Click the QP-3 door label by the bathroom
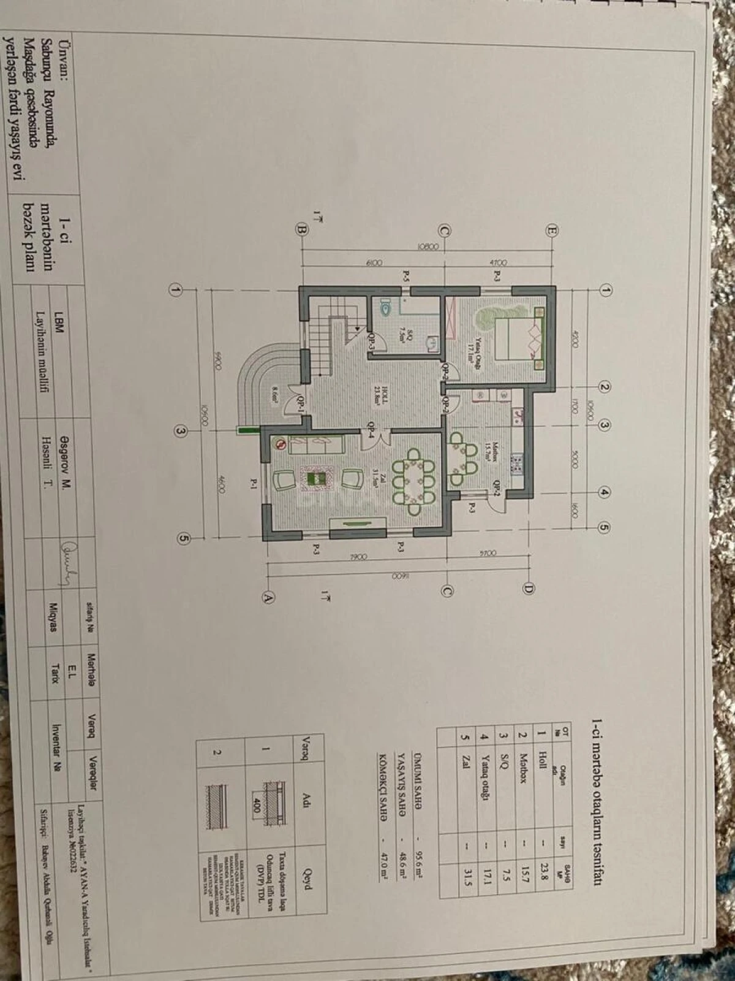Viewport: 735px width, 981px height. [x=371, y=341]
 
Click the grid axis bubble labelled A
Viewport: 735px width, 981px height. [x=267, y=597]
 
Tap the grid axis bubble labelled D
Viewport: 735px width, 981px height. [x=528, y=589]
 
